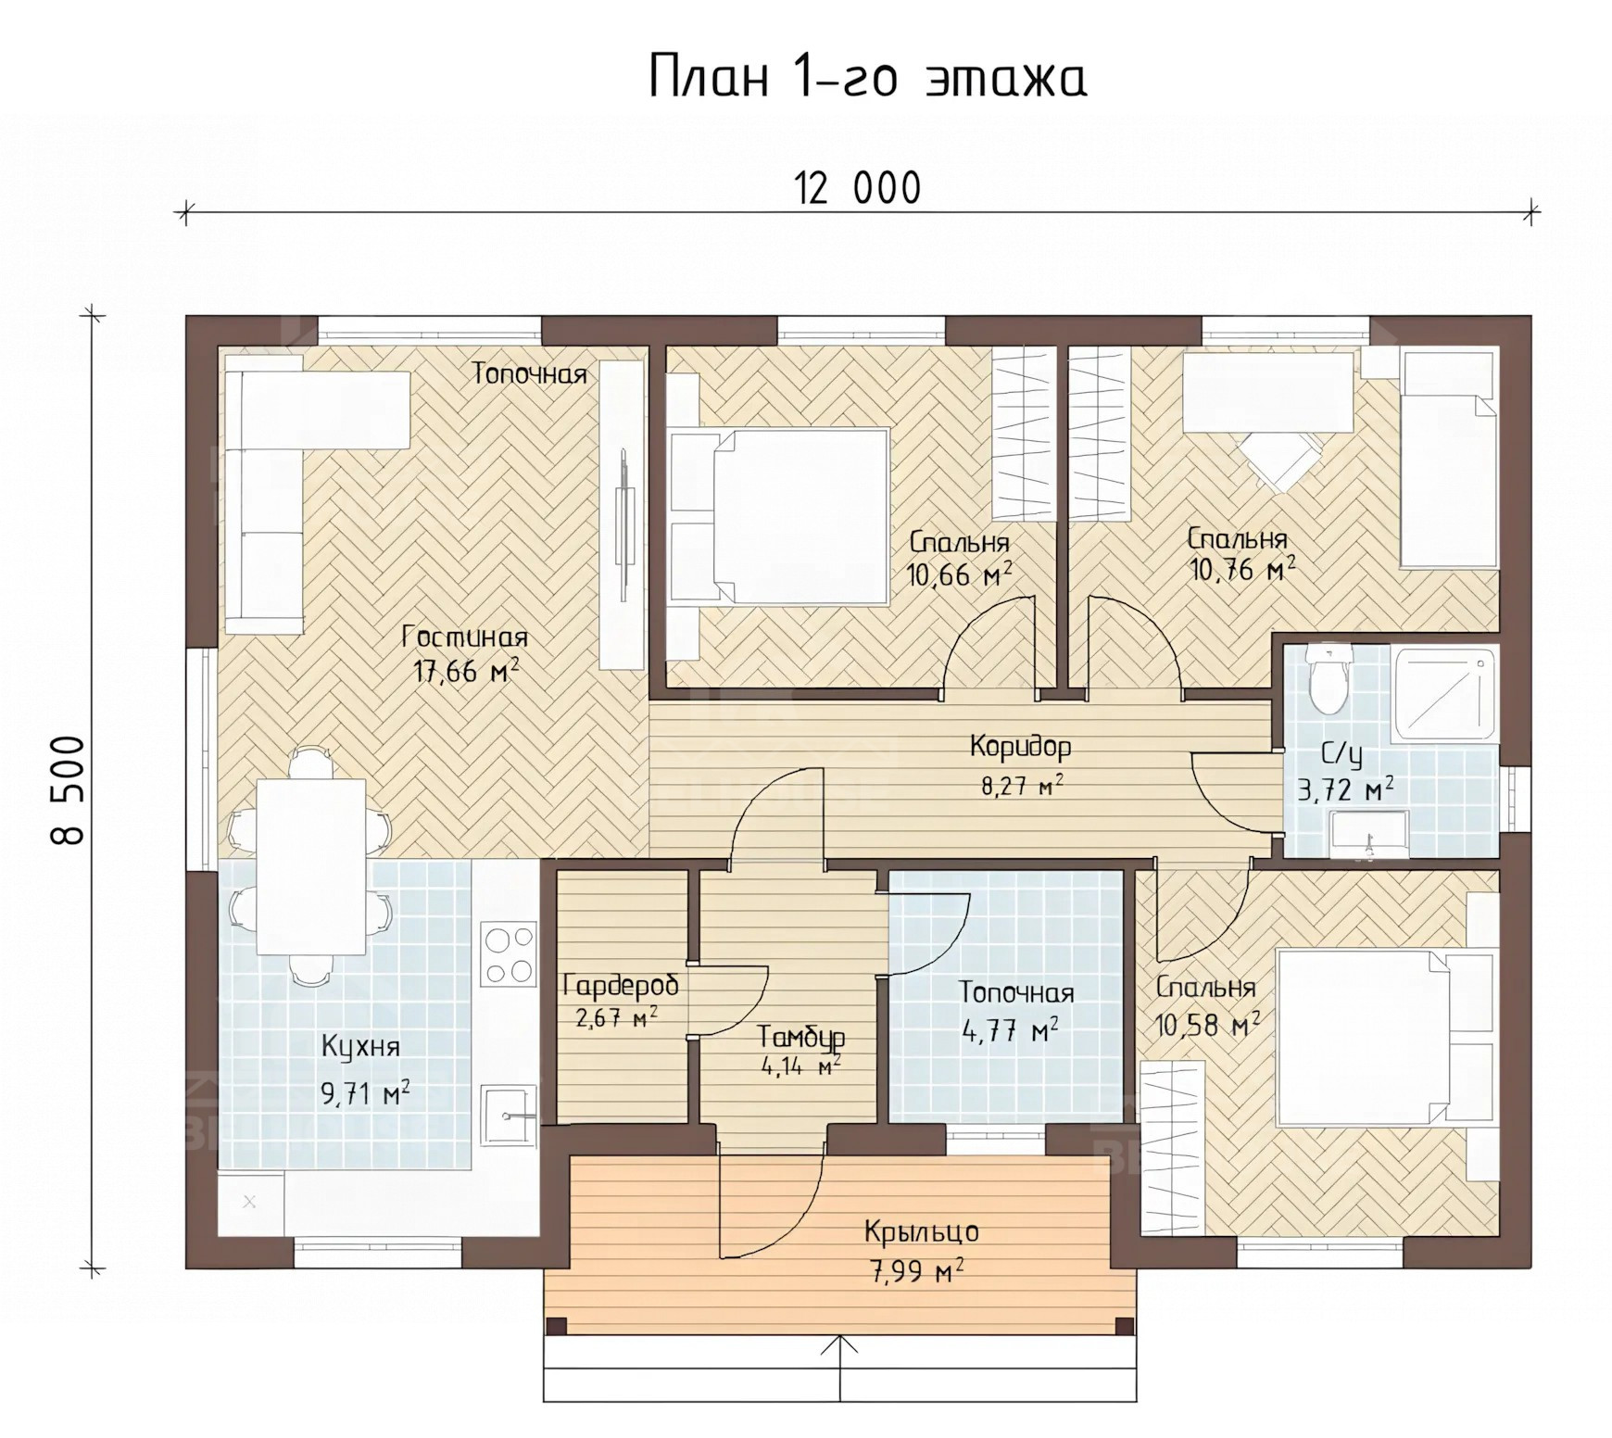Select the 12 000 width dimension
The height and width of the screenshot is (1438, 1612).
point(858,189)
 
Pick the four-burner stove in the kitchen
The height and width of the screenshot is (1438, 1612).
point(509,954)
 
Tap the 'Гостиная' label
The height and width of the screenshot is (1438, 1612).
point(465,637)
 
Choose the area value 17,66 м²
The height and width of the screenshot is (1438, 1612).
point(466,671)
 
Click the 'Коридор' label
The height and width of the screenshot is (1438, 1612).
point(1021,746)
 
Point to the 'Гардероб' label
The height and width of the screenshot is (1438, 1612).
point(620,985)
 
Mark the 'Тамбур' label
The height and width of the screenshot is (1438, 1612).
point(800,1037)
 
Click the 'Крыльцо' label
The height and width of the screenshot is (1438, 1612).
point(921,1231)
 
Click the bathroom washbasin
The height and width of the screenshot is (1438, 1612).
point(1367,834)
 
